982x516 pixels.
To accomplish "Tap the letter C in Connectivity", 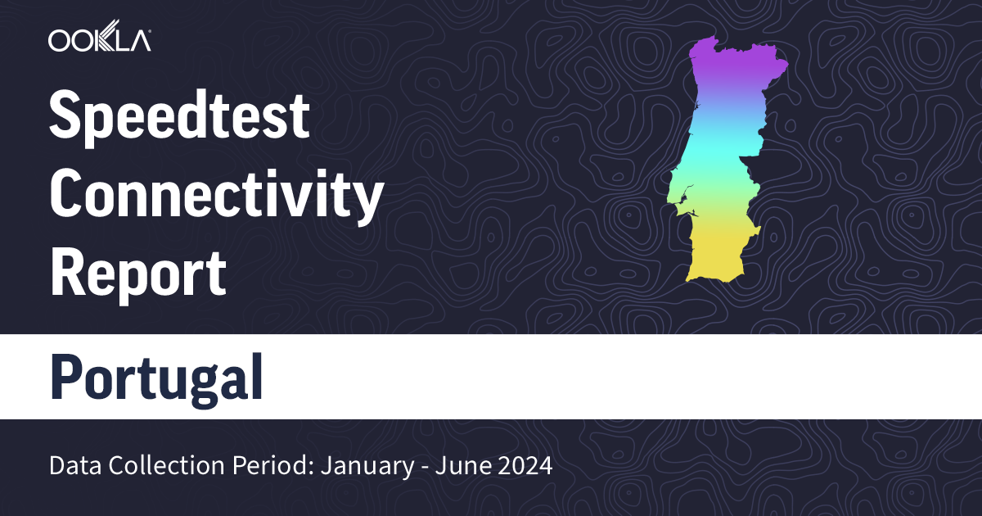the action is point(69,197).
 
